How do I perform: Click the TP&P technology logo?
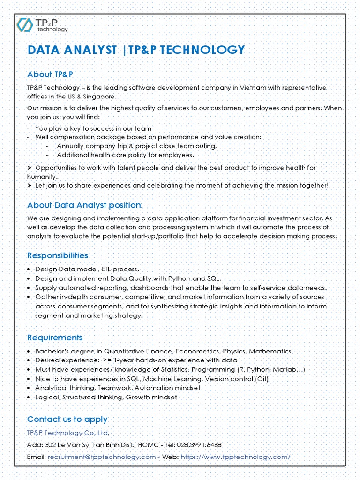pos(42,25)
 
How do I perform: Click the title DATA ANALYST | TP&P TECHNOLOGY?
pos(136,50)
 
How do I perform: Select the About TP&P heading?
pos(50,75)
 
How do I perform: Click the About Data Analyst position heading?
pos(84,205)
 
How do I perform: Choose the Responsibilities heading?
pos(58,255)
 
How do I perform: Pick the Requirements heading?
pos(55,337)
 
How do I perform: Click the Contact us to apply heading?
pos(67,419)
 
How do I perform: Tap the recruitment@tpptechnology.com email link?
pos(102,457)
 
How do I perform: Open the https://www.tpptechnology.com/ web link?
pos(235,457)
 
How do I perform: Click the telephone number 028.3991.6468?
pos(202,444)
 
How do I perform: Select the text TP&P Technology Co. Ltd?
pos(68,432)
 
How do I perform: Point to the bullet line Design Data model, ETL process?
pos(87,269)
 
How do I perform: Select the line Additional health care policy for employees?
pos(125,155)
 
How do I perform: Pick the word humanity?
pos(42,177)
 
